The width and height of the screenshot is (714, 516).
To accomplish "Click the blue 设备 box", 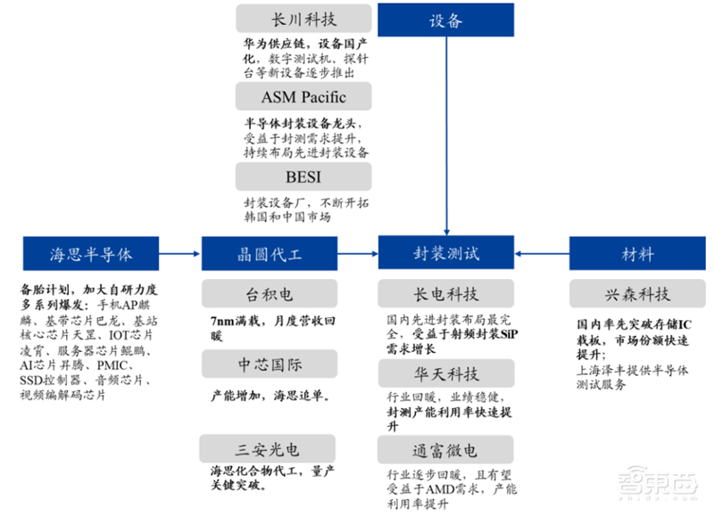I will pos(446,20).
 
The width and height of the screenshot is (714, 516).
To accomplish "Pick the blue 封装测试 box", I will pos(446,253).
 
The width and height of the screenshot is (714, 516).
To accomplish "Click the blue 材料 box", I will pos(637,254).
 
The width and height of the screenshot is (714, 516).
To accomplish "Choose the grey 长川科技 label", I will pos(303,20).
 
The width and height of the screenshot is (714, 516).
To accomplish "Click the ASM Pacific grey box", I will pos(303,96).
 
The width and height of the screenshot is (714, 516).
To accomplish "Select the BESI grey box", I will pos(303,176).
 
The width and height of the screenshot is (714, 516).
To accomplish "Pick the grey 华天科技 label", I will pos(446,372).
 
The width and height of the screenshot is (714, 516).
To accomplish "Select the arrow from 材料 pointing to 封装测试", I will pos(543,254).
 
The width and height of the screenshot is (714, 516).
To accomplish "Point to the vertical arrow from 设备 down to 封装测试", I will pos(446,134).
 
